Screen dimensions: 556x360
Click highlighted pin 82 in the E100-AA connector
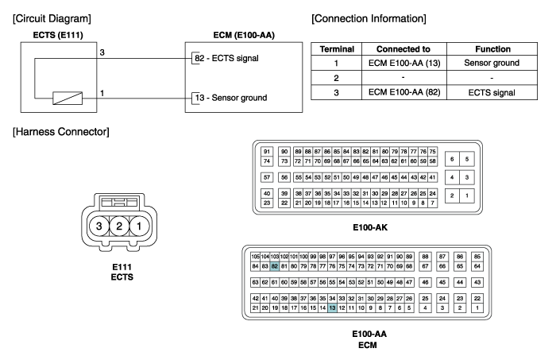coord(275,266)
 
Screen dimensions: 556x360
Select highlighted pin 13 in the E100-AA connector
coord(332,308)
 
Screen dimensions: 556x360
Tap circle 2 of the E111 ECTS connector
coord(119,226)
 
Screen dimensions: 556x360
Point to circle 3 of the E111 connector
coord(99,226)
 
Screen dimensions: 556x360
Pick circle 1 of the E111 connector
coord(139,226)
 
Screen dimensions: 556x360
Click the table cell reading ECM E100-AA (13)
coord(404,63)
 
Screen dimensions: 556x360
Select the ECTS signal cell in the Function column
coord(492,92)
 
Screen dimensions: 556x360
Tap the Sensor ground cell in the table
coord(492,63)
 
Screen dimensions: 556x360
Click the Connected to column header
coord(403,49)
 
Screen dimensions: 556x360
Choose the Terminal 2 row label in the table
coord(336,78)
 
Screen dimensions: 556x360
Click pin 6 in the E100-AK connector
coord(452,159)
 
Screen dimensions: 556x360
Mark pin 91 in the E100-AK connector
coord(267,152)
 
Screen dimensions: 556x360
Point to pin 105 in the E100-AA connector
coord(255,257)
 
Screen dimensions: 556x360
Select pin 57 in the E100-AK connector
coord(267,177)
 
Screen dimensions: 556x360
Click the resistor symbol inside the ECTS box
coord(68,99)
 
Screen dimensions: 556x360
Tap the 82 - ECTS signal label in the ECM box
coord(226,58)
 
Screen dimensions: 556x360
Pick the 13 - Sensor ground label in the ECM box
coord(231,98)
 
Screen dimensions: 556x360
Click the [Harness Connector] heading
coord(61,132)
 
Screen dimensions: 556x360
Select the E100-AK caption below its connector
coord(370,227)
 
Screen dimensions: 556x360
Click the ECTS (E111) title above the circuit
coord(58,35)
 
